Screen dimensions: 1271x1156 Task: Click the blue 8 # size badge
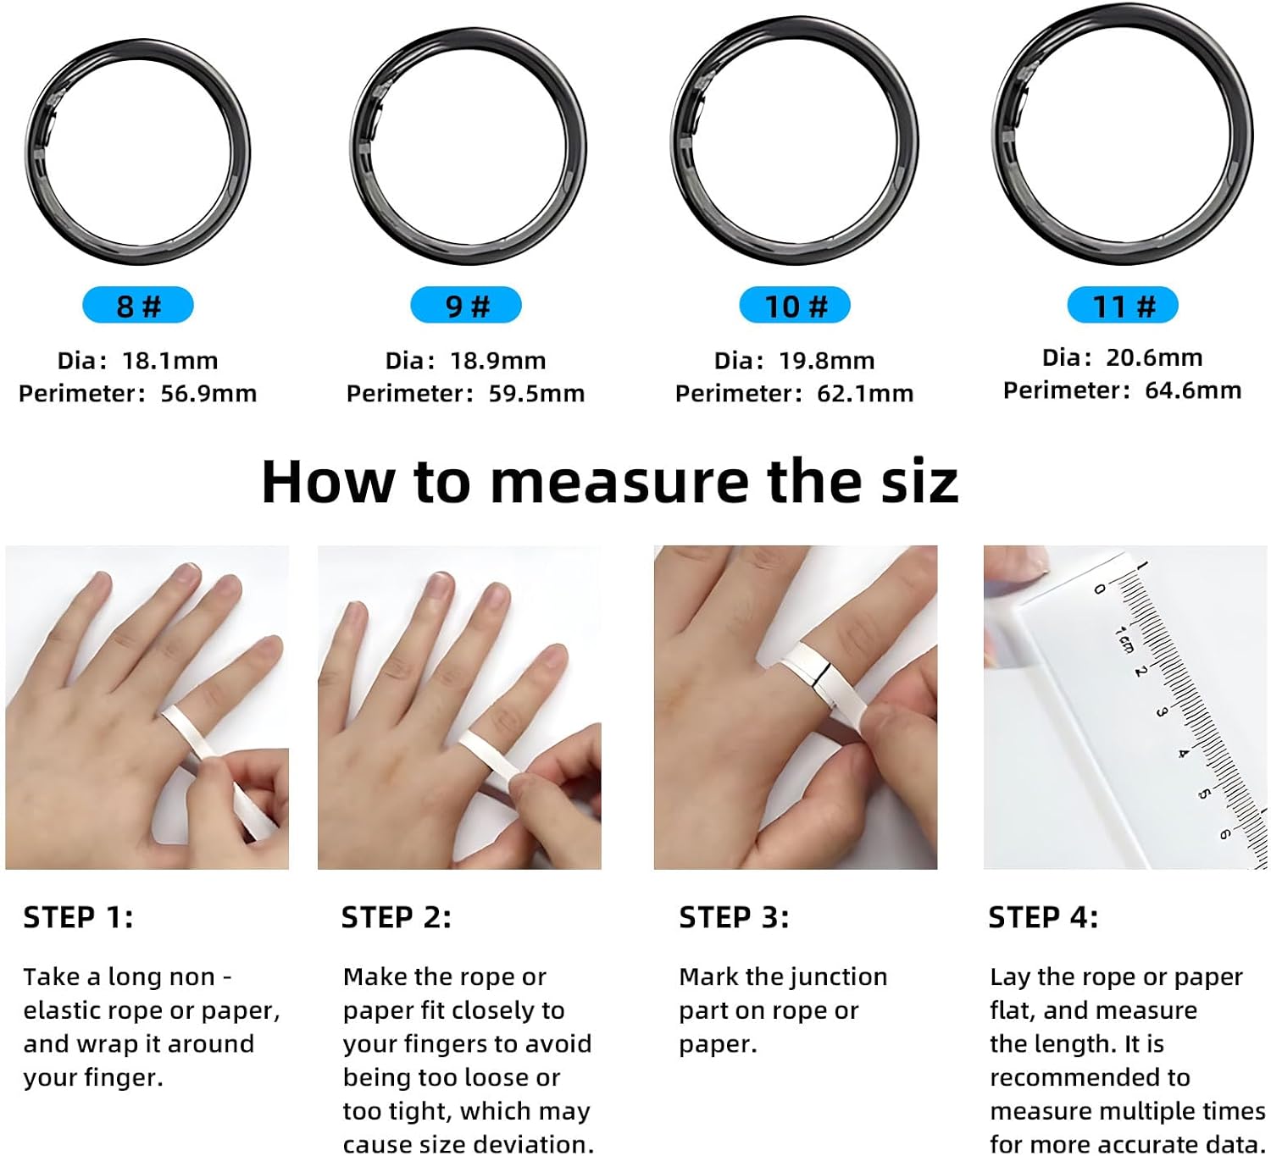138,306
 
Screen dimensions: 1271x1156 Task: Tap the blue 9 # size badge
466,306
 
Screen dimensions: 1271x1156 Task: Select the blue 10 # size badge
795,306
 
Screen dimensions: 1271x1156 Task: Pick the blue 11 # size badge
1123,306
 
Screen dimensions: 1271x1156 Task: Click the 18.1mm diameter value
169,361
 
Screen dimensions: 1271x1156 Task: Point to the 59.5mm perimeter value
536,394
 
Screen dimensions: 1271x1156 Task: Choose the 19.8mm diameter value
827,361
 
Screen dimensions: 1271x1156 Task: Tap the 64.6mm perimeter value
1193,390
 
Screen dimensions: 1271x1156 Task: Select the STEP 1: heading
79,918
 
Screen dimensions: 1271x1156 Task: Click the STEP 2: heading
397,918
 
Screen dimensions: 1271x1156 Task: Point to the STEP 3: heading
735,918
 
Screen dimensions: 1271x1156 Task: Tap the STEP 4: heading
1044,918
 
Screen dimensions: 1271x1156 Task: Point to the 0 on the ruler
1099,589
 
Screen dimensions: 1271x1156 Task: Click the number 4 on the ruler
1182,753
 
